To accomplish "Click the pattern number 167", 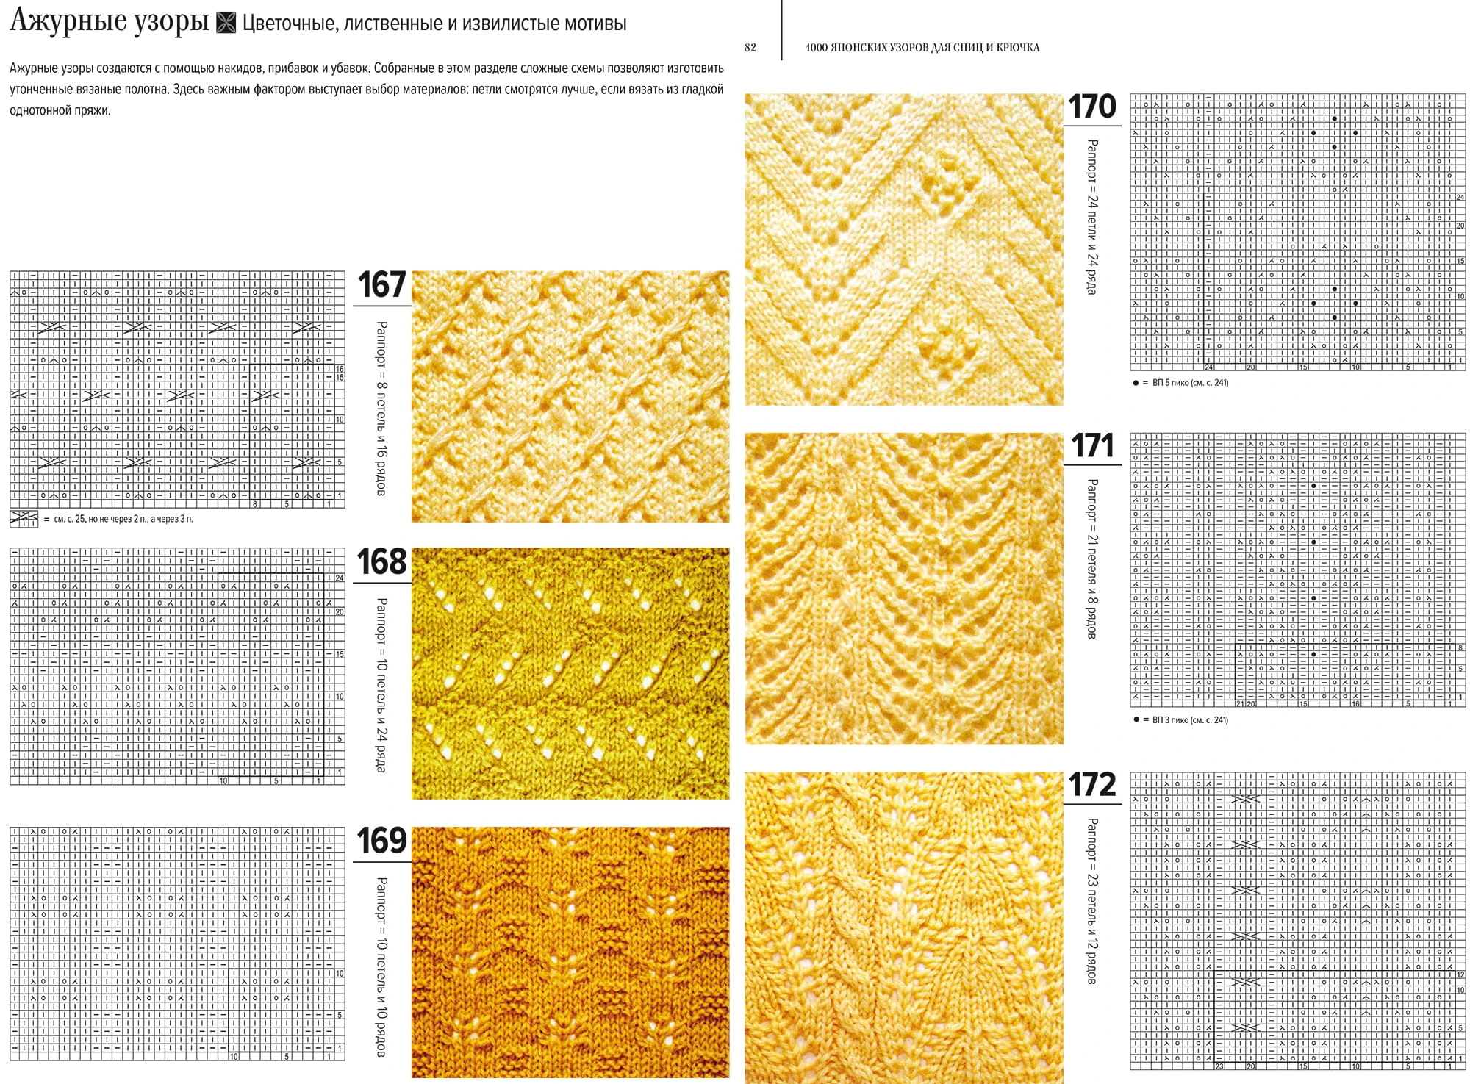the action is click(381, 284).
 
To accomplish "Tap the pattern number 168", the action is click(381, 561).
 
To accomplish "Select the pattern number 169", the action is click(381, 840).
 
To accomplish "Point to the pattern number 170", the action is click(1092, 107).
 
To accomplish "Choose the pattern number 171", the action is click(1092, 445).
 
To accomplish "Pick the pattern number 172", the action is click(1092, 785).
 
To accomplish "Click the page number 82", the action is click(750, 48).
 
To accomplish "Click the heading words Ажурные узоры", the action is click(110, 22).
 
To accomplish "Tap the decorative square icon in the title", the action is click(226, 24).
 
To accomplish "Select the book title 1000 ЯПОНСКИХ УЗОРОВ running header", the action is click(922, 48).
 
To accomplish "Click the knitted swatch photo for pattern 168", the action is click(570, 673).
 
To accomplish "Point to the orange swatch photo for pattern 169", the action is click(570, 952).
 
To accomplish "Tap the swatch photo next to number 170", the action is click(904, 249).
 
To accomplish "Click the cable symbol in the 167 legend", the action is click(24, 519).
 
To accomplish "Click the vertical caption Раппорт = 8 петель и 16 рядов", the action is click(381, 408).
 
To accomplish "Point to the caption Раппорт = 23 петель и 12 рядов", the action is click(1092, 901).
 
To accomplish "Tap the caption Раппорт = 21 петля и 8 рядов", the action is click(1092, 559).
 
